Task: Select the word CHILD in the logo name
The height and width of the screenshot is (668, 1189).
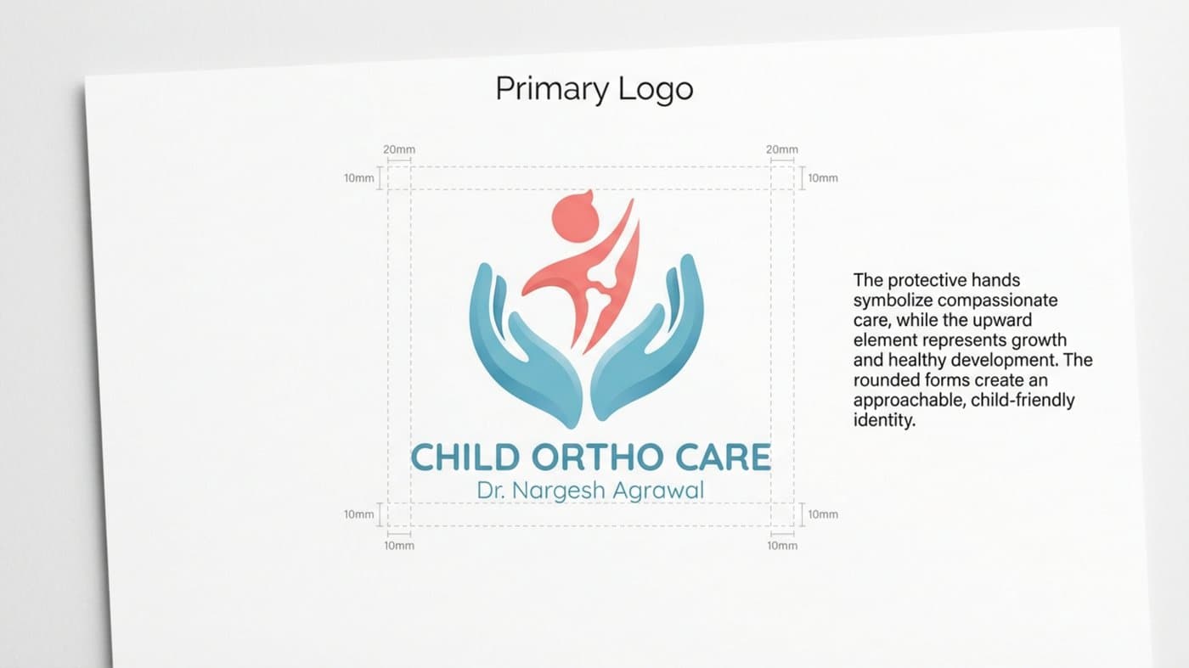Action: click(x=465, y=457)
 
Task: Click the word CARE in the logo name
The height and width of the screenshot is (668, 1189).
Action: click(x=724, y=457)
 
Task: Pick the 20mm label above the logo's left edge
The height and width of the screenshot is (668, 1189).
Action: click(x=399, y=149)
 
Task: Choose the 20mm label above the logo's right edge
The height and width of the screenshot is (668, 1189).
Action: click(x=781, y=149)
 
